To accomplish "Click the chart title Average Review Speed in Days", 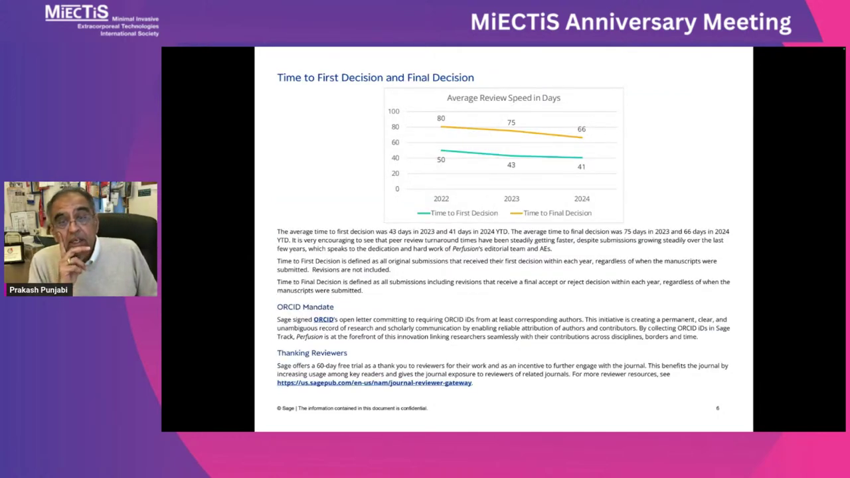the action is coord(503,98).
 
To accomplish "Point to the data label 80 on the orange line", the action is coord(440,118).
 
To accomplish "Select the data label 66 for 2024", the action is coord(581,129).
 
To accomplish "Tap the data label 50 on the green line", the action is coord(440,160).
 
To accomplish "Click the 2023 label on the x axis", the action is coord(511,199).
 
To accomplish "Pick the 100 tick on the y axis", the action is coord(394,111).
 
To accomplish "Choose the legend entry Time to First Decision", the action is coord(458,213).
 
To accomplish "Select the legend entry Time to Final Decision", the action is coord(551,213).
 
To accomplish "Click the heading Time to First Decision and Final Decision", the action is coord(375,78).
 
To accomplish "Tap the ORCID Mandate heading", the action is coord(305,307).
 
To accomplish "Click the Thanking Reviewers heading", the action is coord(312,353).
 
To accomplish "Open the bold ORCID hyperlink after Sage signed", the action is coord(323,319).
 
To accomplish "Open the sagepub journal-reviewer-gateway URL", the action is coord(374,383).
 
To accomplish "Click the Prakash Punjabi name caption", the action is coord(39,290).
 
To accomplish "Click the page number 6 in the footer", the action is coord(718,408).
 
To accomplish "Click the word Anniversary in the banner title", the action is coord(631,23).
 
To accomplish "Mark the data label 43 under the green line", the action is coord(511,165).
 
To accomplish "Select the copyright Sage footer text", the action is coord(352,408).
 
